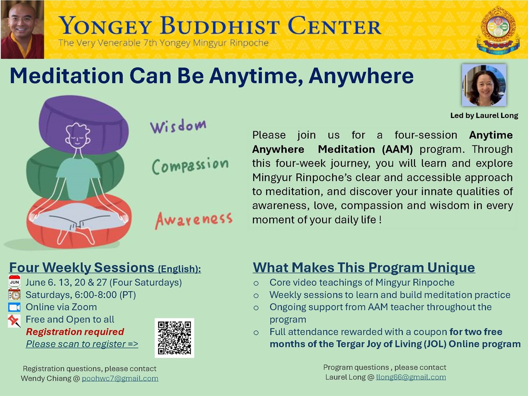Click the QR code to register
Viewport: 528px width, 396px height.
point(174,338)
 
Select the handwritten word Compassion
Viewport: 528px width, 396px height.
point(190,166)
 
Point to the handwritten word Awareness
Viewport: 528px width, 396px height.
point(194,220)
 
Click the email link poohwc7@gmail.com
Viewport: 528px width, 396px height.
point(120,378)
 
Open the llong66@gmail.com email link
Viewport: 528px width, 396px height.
point(411,377)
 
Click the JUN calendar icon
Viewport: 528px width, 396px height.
point(15,281)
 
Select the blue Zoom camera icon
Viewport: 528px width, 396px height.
point(15,307)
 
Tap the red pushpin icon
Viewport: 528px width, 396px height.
point(14,321)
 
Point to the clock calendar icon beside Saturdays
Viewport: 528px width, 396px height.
point(15,294)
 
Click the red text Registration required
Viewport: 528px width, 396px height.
point(75,332)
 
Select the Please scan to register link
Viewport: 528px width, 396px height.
point(82,344)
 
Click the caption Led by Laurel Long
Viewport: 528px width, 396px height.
point(484,116)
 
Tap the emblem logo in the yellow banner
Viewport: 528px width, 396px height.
point(498,30)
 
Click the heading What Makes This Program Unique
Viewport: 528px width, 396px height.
point(364,267)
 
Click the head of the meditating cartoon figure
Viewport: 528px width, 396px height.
point(78,135)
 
